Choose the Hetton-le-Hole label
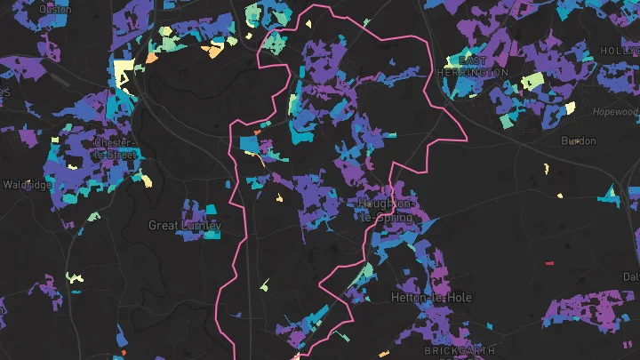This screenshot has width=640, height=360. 431,297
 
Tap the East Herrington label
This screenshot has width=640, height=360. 473,66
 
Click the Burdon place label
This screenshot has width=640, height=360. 578,141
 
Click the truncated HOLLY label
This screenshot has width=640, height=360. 620,52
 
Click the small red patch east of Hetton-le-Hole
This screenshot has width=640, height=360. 548,263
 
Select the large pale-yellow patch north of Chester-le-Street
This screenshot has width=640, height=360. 123,72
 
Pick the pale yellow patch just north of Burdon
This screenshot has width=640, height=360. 570,108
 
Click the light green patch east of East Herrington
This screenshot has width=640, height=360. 532,82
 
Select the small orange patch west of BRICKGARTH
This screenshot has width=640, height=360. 384,355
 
